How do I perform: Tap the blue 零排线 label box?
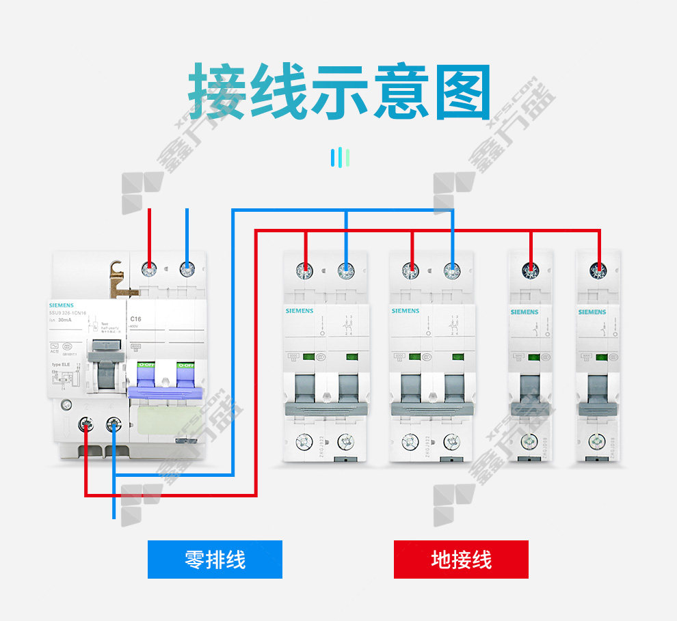coord(215,560)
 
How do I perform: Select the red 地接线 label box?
coord(461,560)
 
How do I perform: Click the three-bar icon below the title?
coord(340,158)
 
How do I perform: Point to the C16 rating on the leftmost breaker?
coord(135,319)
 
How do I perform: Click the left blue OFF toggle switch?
coord(146,380)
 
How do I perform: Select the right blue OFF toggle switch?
coord(185,380)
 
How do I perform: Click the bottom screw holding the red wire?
coord(86,426)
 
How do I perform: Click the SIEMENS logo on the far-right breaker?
coord(592,312)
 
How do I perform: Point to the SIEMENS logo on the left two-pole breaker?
coord(300,311)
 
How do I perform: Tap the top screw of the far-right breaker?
coord(600,271)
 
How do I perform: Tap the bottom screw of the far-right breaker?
coord(600,442)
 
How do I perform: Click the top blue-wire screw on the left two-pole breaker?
coord(346,271)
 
